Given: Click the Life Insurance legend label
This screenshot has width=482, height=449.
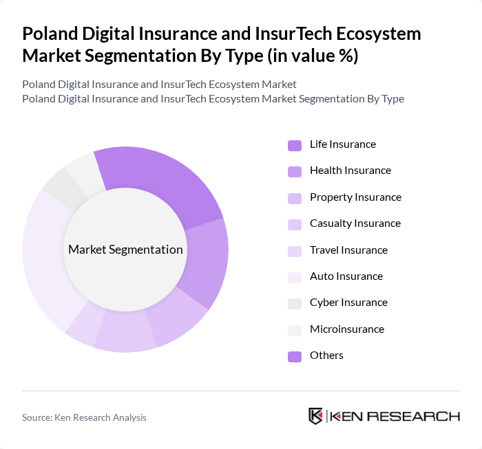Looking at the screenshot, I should pos(342,144).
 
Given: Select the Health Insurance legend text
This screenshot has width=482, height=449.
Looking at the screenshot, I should pos(350,171).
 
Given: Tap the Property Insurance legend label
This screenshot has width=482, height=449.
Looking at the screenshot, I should pos(355,197).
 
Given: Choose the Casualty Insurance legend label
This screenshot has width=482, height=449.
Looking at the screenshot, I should pos(355,223).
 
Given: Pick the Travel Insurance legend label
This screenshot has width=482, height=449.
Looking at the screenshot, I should pos(348,250).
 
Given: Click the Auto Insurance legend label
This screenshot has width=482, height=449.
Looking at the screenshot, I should pos(346,276).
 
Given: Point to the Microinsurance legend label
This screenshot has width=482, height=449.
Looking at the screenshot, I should pos(346,329).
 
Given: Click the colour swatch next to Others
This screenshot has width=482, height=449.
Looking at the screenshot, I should pos(295,356).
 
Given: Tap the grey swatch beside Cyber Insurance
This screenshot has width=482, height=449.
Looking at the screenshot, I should pos(295,303).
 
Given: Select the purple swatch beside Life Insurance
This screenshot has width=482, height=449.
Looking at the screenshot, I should pos(295,145).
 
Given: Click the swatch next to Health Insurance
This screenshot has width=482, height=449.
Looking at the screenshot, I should pos(295,171).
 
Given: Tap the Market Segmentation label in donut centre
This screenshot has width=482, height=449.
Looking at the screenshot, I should pos(125,250).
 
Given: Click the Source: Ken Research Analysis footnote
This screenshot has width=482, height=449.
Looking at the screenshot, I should pos(84,417).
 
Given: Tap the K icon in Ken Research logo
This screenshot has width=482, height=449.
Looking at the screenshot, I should pos(316,416).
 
